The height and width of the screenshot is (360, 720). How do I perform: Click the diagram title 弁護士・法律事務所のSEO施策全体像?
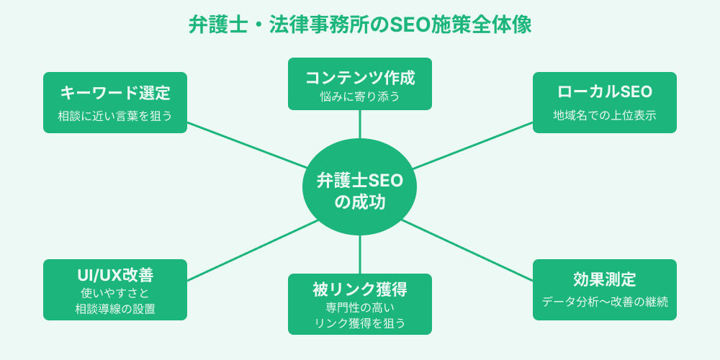360,25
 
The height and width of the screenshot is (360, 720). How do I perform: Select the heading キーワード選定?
115,93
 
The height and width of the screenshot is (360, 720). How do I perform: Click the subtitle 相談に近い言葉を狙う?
115,115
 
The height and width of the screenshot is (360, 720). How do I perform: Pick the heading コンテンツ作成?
360,77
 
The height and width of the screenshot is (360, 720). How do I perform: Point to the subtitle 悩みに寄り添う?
360,96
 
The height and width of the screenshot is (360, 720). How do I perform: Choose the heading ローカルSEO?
605,92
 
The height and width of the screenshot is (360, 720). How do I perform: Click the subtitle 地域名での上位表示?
605,115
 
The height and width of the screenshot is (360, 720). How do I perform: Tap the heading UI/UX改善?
115,275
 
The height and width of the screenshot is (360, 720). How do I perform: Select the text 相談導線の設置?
115,309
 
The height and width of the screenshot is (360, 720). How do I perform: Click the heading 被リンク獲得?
360,289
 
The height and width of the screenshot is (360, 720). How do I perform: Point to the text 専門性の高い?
360,308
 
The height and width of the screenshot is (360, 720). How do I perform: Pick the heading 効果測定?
605,279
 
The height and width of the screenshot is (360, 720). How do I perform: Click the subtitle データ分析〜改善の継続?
605,302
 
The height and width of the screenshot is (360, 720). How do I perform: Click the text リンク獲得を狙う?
360,323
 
